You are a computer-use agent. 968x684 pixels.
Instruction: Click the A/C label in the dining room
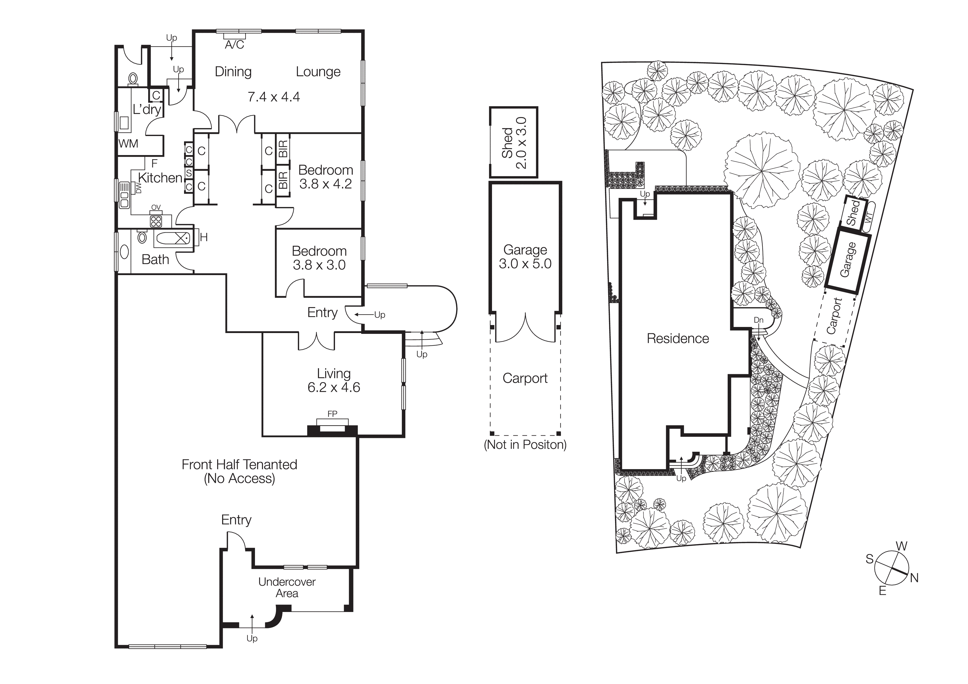(234, 45)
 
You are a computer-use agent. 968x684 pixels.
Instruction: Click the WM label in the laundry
(128, 144)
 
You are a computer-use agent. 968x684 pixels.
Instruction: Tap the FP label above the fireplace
(332, 414)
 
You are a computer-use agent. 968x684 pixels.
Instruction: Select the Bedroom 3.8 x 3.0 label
(319, 258)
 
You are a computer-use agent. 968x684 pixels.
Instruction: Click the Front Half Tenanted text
(239, 465)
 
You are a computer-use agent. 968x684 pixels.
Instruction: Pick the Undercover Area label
(287, 587)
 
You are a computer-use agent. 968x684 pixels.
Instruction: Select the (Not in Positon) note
(525, 445)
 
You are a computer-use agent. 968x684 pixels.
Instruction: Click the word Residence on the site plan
(677, 339)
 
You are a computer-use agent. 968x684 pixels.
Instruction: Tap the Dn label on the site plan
(759, 320)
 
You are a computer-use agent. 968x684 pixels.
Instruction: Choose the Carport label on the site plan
(834, 316)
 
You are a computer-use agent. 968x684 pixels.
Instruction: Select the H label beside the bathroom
(204, 238)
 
